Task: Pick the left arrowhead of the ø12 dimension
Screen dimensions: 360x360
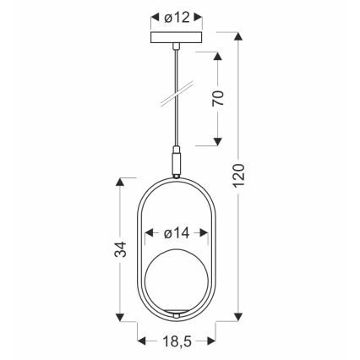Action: point(153,17)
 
